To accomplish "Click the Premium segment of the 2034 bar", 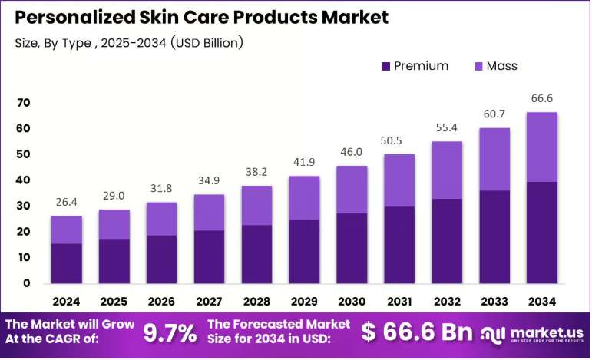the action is click(542, 233).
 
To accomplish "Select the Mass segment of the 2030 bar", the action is click(352, 190).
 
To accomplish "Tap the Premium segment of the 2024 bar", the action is click(67, 263).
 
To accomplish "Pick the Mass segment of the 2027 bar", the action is click(209, 213).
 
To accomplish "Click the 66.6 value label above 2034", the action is click(542, 98).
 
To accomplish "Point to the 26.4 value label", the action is click(67, 203).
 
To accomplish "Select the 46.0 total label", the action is click(352, 152).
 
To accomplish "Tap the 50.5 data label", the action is click(391, 140).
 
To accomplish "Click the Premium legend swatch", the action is click(385, 67).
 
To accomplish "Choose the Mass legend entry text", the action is click(501, 66).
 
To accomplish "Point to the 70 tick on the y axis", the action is click(23, 103).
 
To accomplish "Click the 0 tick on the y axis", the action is click(26, 283).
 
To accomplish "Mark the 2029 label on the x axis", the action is click(304, 302).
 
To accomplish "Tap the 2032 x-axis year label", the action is click(447, 302).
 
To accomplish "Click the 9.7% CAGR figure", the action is click(170, 333).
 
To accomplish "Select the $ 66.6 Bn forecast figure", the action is click(417, 332).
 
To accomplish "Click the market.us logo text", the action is click(547, 332).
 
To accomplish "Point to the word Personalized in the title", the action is click(74, 18).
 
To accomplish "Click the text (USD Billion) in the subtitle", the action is click(207, 43).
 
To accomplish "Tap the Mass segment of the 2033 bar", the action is click(494, 159).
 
